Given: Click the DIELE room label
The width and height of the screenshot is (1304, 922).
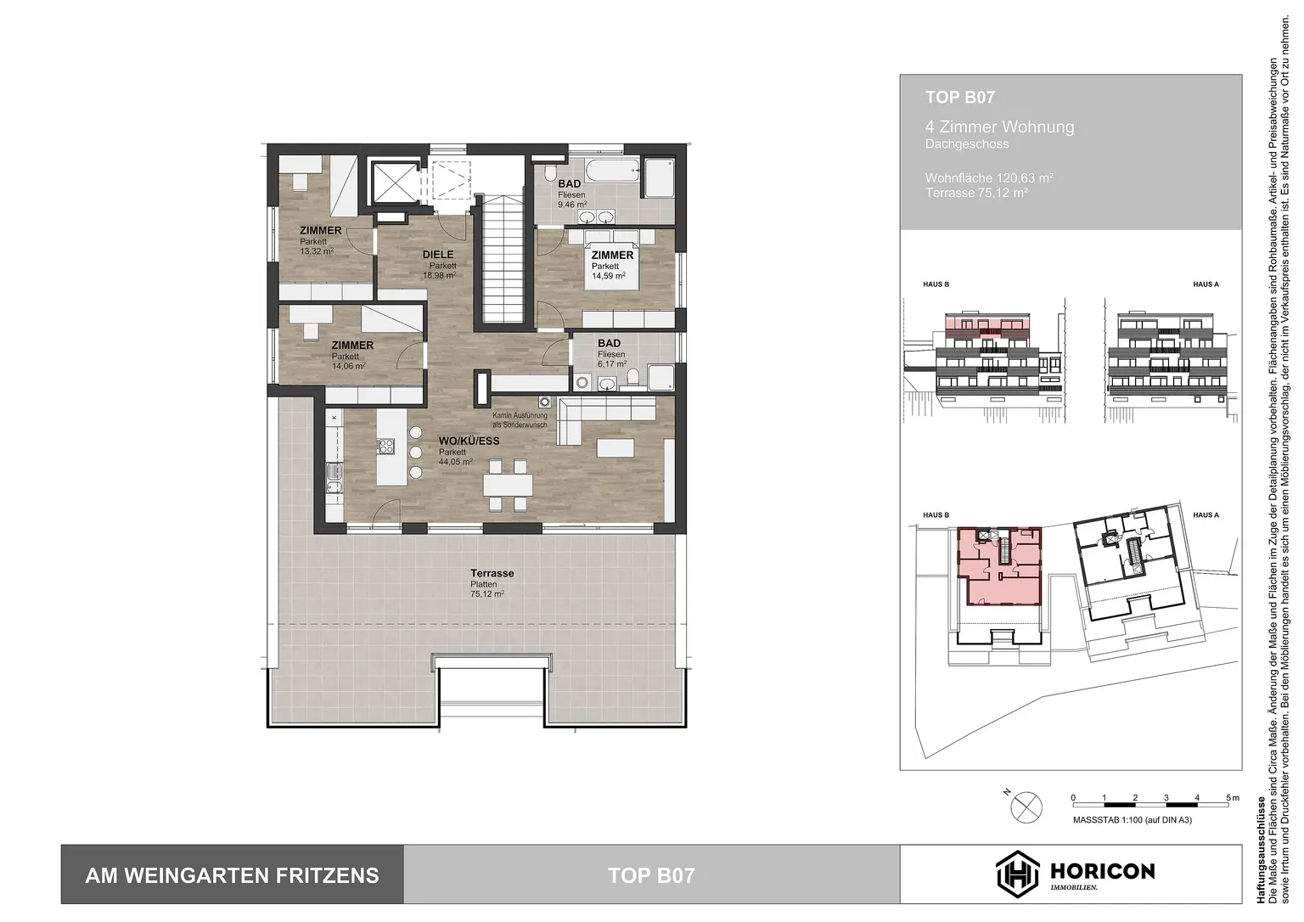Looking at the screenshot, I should click(438, 255).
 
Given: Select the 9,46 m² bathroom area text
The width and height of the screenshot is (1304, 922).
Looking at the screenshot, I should click(572, 205).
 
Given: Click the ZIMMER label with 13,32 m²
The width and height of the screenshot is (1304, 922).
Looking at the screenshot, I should click(320, 231).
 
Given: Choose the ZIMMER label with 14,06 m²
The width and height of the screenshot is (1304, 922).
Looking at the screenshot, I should click(352, 346).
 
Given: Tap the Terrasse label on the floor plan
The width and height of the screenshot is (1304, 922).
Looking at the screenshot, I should click(492, 574).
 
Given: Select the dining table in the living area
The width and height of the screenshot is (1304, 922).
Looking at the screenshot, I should click(508, 485).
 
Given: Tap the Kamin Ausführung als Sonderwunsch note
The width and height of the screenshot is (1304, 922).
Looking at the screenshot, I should click(520, 419).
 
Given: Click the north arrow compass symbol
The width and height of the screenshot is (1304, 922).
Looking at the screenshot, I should click(1026, 806).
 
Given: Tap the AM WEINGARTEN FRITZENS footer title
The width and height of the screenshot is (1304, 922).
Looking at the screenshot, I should click(232, 875).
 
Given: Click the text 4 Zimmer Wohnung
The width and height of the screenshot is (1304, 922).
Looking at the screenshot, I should click(999, 127).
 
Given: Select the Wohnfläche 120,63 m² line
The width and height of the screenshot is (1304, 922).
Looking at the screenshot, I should click(989, 178).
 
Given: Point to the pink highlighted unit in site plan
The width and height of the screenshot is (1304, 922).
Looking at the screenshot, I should click(1000, 567).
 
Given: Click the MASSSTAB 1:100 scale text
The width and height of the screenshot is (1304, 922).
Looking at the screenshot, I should click(1132, 820).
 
